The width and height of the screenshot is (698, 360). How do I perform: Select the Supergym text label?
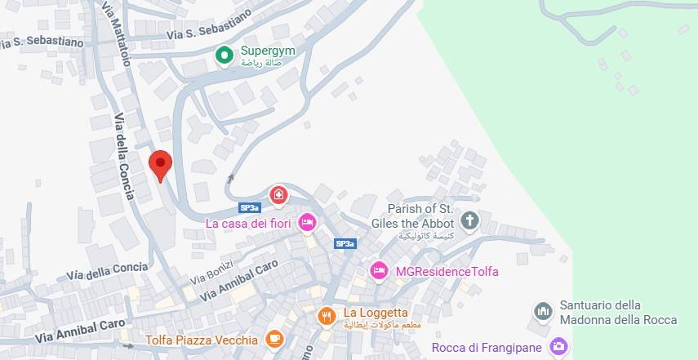pyautogui.click(x=267, y=51)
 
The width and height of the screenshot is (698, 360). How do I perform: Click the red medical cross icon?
pyautogui.click(x=279, y=194)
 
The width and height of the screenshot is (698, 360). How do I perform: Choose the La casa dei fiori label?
pyautogui.click(x=249, y=222)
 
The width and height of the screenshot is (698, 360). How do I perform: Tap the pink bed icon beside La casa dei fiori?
pyautogui.click(x=307, y=221)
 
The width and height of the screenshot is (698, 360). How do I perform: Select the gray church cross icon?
pyautogui.click(x=469, y=220)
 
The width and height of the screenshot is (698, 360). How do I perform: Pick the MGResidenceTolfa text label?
pyautogui.click(x=447, y=271)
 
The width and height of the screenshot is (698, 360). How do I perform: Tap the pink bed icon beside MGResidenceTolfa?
pyautogui.click(x=379, y=270)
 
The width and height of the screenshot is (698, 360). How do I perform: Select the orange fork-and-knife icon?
pyautogui.click(x=327, y=315)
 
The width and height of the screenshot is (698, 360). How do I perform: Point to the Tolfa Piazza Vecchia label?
pyautogui.click(x=202, y=340)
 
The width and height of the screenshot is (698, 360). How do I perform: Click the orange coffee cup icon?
pyautogui.click(x=274, y=339)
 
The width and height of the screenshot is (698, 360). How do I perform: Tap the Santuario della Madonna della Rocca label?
pyautogui.click(x=618, y=313)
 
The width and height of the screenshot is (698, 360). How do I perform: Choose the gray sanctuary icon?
pyautogui.click(x=543, y=312)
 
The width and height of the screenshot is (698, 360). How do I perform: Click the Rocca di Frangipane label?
pyautogui.click(x=487, y=348)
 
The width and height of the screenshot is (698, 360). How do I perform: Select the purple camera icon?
pyautogui.click(x=558, y=347)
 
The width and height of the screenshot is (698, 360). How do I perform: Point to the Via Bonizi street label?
pyautogui.click(x=211, y=273)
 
